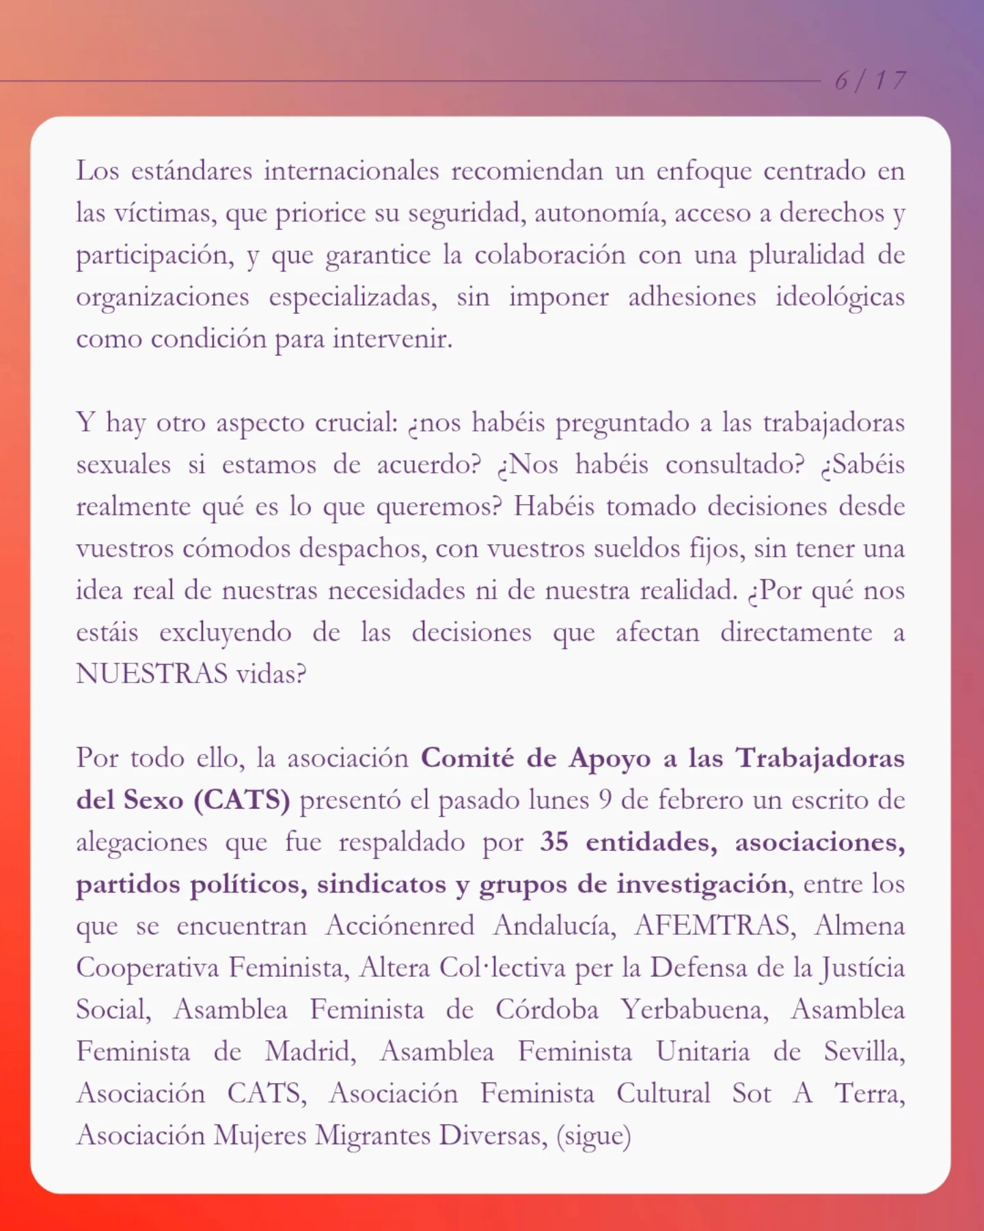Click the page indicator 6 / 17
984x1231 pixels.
pyautogui.click(x=870, y=81)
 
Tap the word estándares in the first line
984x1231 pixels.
pyautogui.click(x=191, y=171)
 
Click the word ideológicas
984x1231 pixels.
pyautogui.click(x=840, y=297)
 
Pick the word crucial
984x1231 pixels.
pyautogui.click(x=356, y=423)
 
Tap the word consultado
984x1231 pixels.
pyautogui.click(x=735, y=465)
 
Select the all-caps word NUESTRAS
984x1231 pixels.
pyautogui.click(x=152, y=674)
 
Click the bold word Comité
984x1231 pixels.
pyautogui.click(x=467, y=758)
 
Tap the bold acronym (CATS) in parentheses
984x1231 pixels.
pyautogui.click(x=243, y=800)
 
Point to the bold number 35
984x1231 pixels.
pyautogui.click(x=554, y=842)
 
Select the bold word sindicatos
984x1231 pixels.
pyautogui.click(x=381, y=884)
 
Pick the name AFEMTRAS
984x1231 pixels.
pyautogui.click(x=715, y=926)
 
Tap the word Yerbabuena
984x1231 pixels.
pyautogui.click(x=694, y=1010)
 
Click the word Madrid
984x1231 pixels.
pyautogui.click(x=310, y=1052)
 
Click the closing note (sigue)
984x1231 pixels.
pyautogui.click(x=593, y=1136)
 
